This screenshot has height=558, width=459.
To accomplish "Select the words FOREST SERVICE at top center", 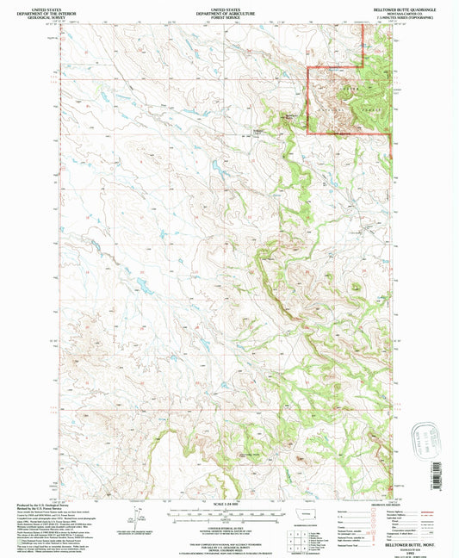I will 228,15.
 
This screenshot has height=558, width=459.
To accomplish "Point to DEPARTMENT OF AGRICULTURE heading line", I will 228,9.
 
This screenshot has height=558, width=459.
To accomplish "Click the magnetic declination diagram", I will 135,513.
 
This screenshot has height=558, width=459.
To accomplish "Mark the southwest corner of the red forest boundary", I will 309,133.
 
